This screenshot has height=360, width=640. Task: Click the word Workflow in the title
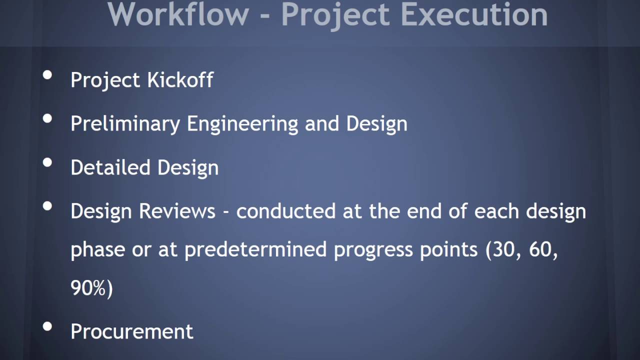[x=178, y=14]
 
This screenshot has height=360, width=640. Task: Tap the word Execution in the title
[x=474, y=14]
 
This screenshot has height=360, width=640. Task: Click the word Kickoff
[x=180, y=80]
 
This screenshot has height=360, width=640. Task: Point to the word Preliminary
[x=125, y=124]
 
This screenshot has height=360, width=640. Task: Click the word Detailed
[x=110, y=167]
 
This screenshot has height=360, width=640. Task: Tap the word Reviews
[x=177, y=211]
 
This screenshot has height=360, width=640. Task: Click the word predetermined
[x=255, y=249]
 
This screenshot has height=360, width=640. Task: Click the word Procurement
[x=132, y=331]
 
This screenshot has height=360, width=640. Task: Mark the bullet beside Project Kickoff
[x=48, y=75]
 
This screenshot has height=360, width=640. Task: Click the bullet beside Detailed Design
[x=48, y=162]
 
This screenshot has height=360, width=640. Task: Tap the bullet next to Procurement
[x=48, y=327]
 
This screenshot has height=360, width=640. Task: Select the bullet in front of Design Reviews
[x=48, y=206]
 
